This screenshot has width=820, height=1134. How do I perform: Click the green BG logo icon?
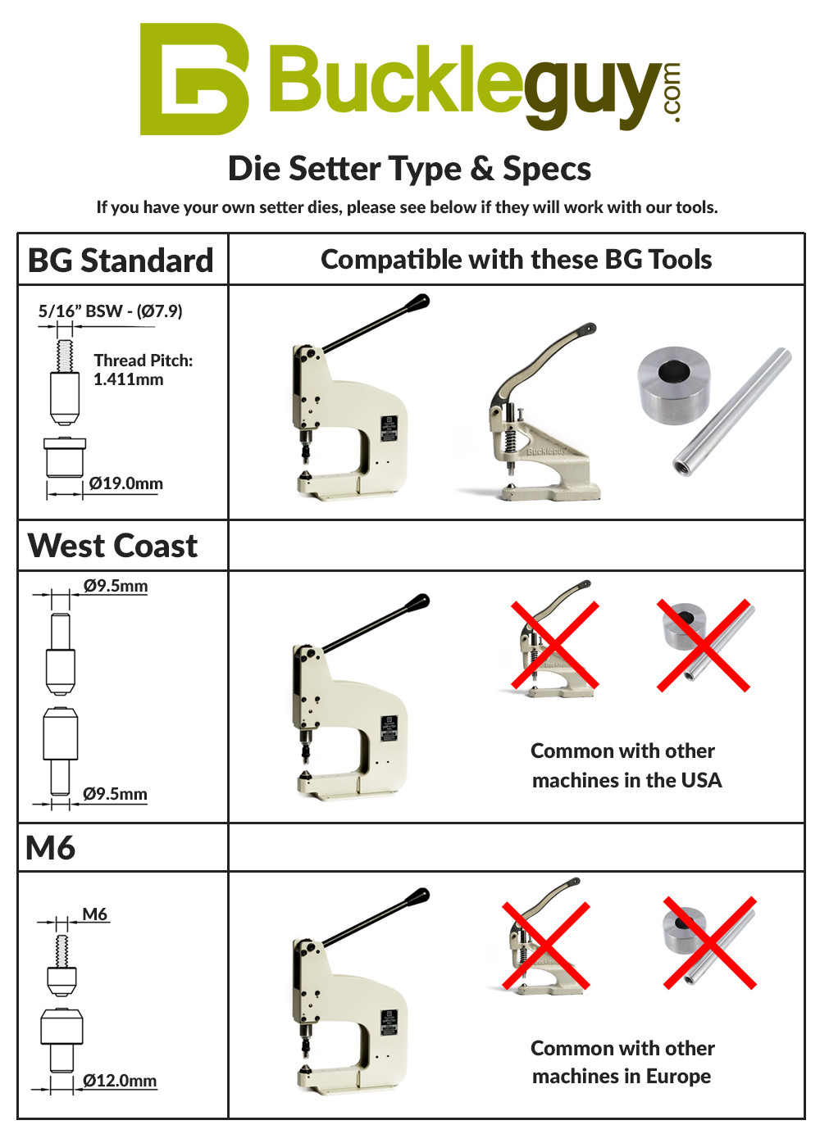pyautogui.click(x=194, y=79)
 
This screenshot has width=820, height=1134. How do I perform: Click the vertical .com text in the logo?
pyautogui.click(x=671, y=92)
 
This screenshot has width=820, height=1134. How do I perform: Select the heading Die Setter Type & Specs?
pyautogui.click(x=409, y=169)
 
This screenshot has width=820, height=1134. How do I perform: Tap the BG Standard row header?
pyautogui.click(x=121, y=261)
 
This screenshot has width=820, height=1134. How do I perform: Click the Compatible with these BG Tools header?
pyautogui.click(x=516, y=260)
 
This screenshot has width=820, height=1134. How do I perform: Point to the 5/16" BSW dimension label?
pyautogui.click(x=110, y=311)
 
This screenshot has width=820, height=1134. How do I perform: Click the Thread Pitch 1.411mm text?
pyautogui.click(x=143, y=370)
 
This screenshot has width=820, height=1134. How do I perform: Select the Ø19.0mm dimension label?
pyautogui.click(x=125, y=483)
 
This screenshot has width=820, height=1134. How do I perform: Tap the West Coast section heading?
pyautogui.click(x=112, y=546)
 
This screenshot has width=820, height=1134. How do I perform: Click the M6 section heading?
pyautogui.click(x=51, y=848)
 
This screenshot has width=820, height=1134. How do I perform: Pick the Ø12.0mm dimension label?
pyautogui.click(x=120, y=1081)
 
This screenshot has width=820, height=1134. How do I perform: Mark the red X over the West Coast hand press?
pyautogui.click(x=555, y=645)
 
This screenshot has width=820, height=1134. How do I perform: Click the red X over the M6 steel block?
pyautogui.click(x=709, y=942)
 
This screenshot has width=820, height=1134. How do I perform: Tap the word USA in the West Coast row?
pyautogui.click(x=700, y=780)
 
